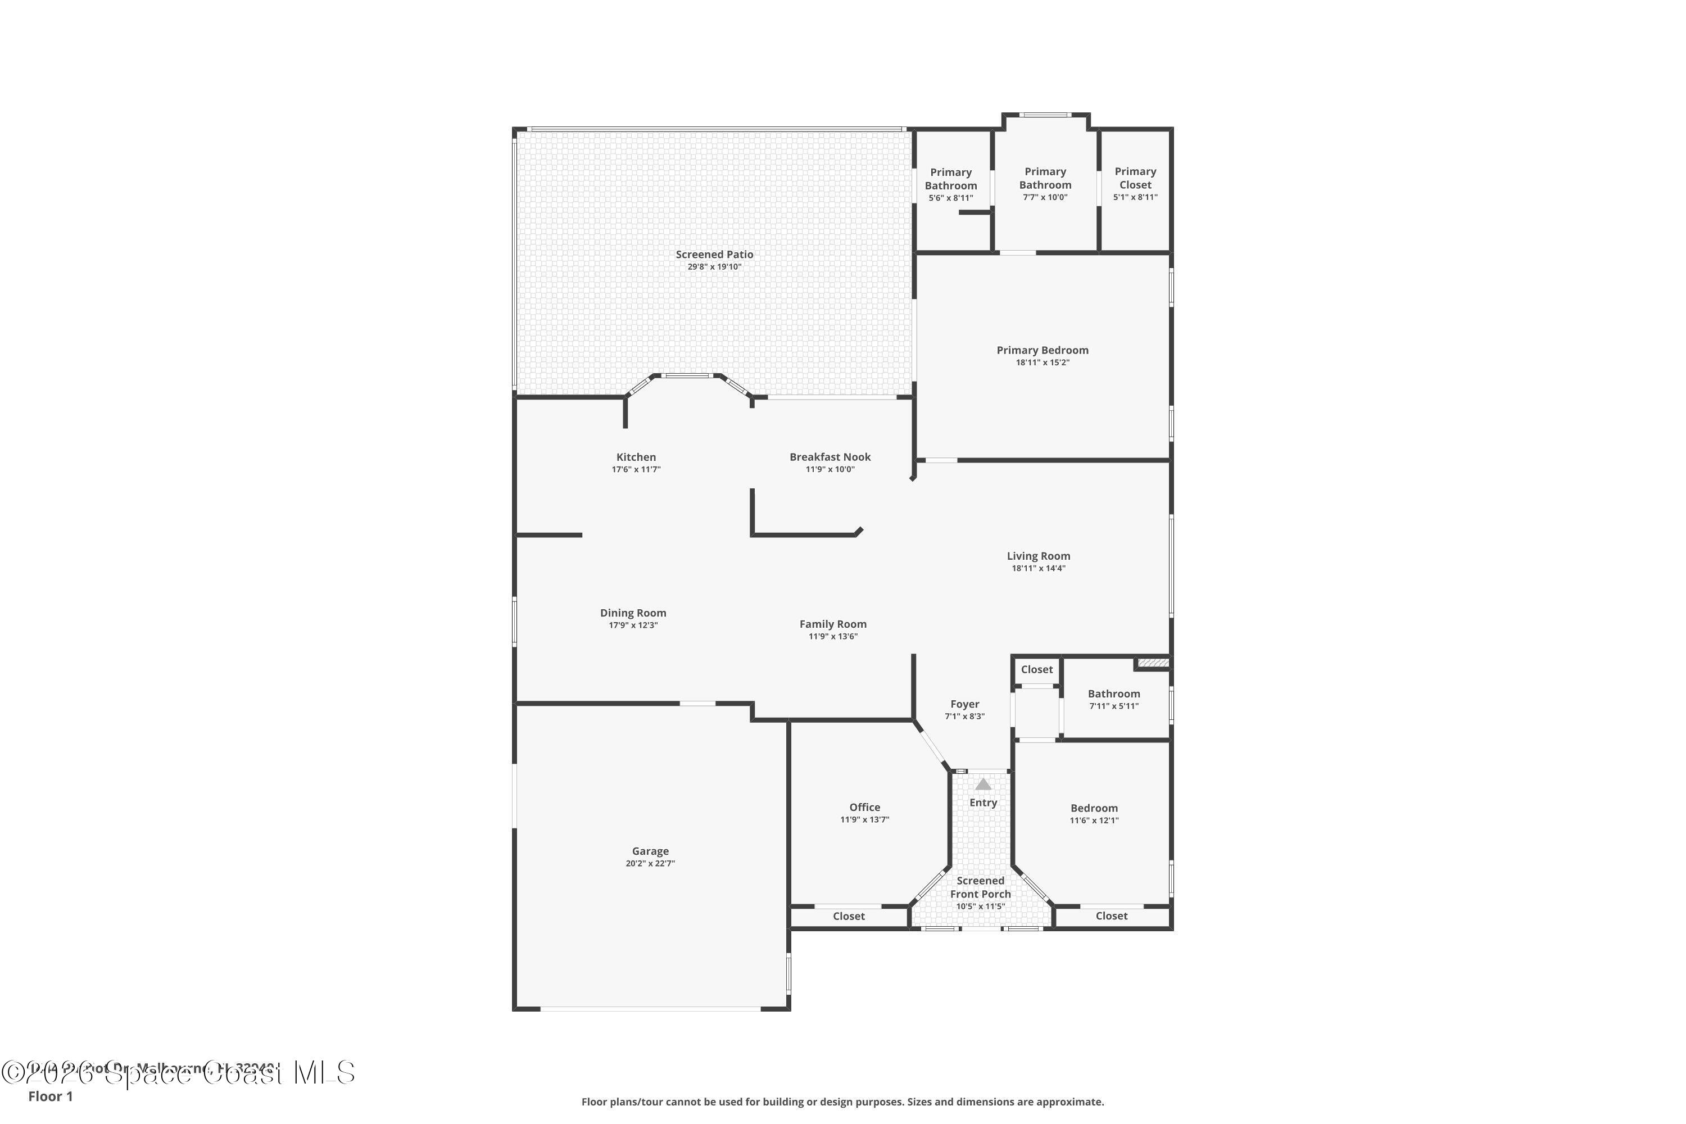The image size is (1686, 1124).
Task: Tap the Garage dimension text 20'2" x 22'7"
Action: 650,864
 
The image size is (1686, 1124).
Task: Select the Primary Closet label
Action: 1135,178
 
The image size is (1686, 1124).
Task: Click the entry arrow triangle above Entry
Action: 983,784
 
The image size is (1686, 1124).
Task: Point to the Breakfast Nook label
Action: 830,456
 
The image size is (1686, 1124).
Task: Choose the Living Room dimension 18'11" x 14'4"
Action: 1038,568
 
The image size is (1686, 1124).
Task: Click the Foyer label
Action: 964,704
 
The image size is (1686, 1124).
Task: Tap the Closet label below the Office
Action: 849,916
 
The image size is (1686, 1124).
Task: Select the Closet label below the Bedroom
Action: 1111,916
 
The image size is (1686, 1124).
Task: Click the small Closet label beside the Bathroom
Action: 1036,669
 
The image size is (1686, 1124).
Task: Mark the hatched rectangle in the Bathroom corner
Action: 1153,663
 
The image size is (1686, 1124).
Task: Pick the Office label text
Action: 864,807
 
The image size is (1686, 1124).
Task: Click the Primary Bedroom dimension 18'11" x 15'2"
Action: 1043,362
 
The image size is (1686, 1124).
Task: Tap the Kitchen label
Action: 636,456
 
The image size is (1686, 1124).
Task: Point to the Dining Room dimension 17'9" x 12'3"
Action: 633,625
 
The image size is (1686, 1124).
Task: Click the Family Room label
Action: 833,624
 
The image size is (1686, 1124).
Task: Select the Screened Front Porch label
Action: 980,887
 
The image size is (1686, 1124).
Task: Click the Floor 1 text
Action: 50,1096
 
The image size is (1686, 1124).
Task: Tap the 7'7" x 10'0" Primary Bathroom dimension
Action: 1045,197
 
